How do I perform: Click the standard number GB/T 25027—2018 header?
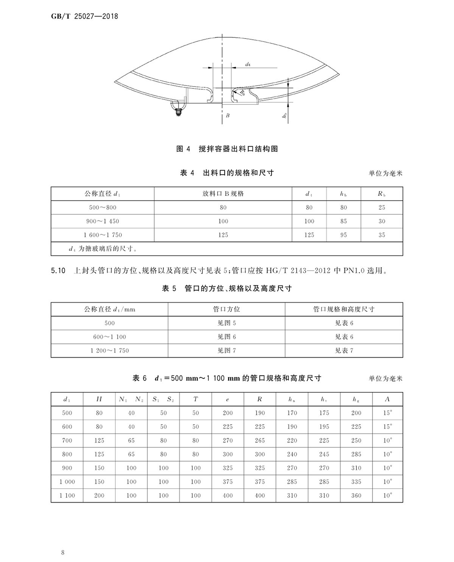(x=84, y=16)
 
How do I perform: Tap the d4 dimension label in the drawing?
(x=248, y=65)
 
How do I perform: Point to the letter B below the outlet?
(x=227, y=116)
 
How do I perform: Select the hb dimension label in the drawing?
(x=285, y=115)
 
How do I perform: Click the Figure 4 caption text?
(x=227, y=149)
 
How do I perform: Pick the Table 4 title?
(x=227, y=173)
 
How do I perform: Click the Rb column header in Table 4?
(x=381, y=194)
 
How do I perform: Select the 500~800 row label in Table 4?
(x=103, y=207)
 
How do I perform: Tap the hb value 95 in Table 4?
(x=344, y=235)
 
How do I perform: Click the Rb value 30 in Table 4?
(x=382, y=221)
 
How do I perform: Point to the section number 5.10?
(x=58, y=271)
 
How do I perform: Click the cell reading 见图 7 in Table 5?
(x=226, y=351)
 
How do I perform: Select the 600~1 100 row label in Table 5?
(x=109, y=337)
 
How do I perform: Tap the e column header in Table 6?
(x=227, y=399)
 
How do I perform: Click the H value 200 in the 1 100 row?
(x=99, y=495)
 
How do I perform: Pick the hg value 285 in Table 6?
(x=356, y=454)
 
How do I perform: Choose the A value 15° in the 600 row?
(x=387, y=427)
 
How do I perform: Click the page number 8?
(x=62, y=553)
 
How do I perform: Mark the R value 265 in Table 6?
(x=260, y=441)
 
